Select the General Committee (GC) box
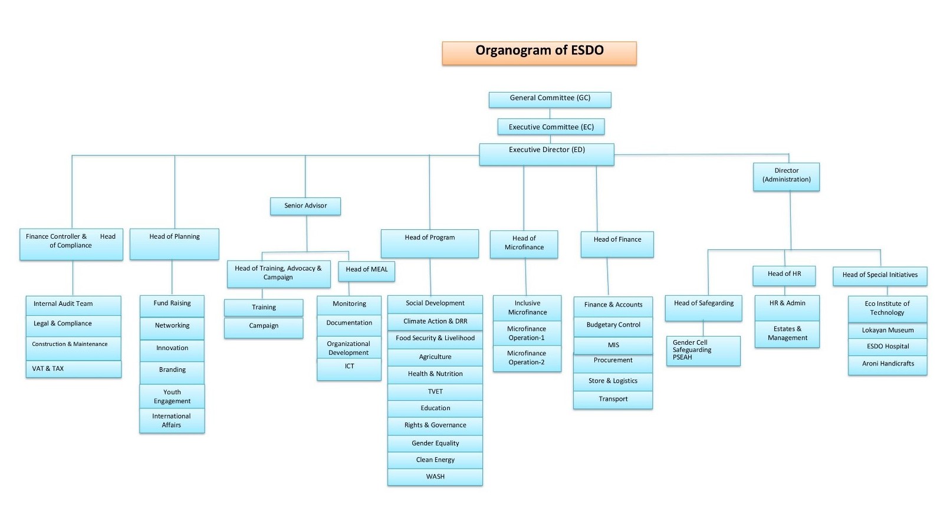point(550,99)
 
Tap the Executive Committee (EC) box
point(551,127)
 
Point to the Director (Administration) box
point(786,176)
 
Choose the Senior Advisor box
point(305,206)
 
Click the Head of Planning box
point(174,243)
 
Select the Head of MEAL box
point(366,271)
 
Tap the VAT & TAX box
point(73,369)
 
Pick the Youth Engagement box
point(172,396)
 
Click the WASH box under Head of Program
point(435,477)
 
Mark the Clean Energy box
point(435,460)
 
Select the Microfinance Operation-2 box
point(527,358)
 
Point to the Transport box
point(613,400)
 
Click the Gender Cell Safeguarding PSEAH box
point(703,350)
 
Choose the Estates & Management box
point(787,334)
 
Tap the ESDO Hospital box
point(887,347)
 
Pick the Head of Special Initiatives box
point(879,276)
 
